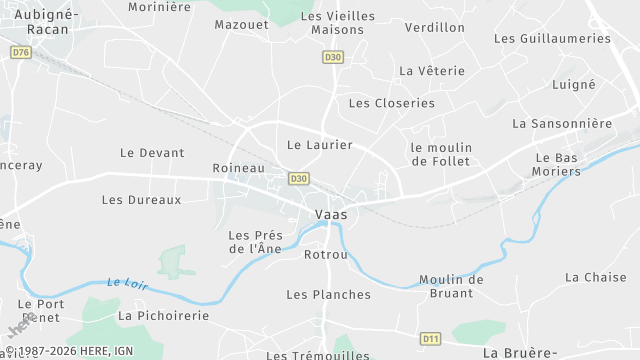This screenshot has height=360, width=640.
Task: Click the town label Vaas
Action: pos(331,215)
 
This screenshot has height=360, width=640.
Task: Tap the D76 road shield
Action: pos(21,51)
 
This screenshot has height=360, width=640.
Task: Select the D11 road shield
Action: pos(431,338)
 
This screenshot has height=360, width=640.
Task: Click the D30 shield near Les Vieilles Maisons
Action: pos(333,57)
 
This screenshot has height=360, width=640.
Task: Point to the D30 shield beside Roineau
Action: pos(298,178)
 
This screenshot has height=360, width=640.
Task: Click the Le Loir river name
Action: pos(126,284)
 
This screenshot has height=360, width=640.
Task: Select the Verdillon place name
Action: pos(434,27)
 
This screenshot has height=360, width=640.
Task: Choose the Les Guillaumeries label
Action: pos(552,38)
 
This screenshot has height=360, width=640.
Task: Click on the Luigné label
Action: pos(573,85)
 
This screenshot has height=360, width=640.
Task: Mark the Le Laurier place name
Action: pos(320,145)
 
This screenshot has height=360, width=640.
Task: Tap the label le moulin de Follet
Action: pos(441,154)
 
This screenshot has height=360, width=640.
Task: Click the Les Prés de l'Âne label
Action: pos(256,242)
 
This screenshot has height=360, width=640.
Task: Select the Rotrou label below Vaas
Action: pos(325,254)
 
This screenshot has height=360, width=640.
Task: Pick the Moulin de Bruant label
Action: pos(451,286)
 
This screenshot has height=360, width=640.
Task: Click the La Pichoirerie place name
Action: pos(164,315)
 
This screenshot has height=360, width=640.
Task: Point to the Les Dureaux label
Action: pos(142,200)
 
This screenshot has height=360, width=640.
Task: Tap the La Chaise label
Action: pos(595,277)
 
